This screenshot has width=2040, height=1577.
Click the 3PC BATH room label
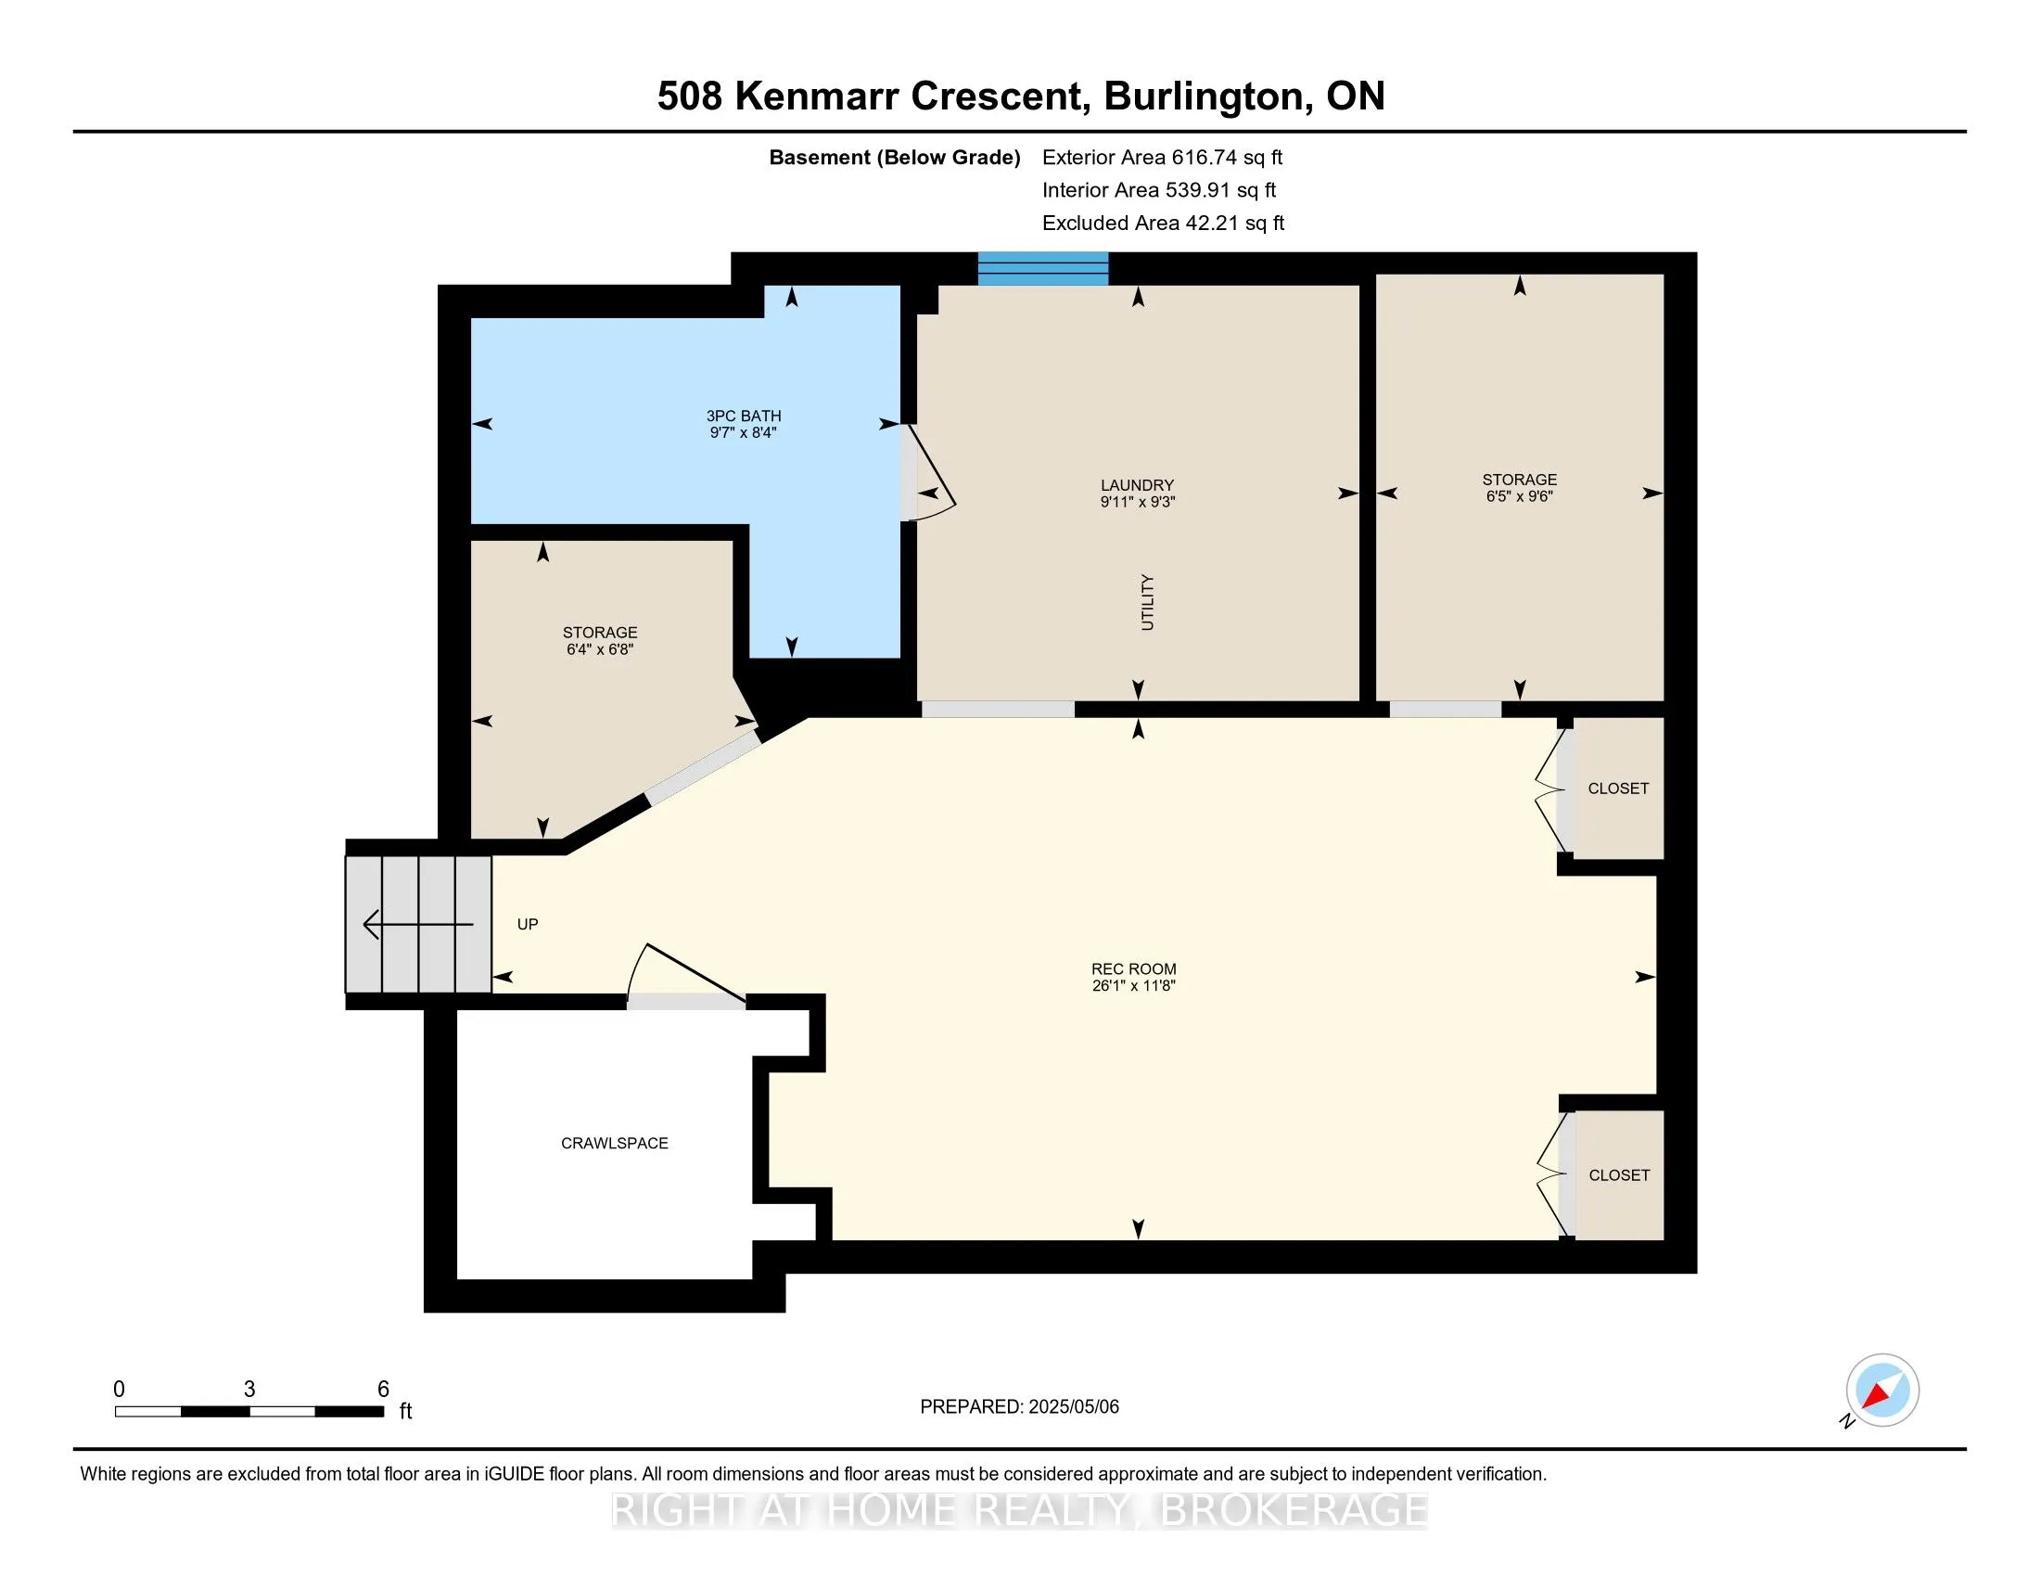coord(744,416)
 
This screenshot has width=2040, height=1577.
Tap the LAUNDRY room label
coord(1137,485)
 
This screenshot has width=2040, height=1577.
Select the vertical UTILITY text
coord(1147,603)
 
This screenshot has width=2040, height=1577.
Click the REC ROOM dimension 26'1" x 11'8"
coord(1133,985)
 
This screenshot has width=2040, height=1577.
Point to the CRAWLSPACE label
coord(615,1144)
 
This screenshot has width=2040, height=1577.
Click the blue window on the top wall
coord(1042,268)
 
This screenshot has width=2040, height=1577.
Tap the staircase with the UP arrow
coord(418,924)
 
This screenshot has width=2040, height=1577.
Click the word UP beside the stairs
coord(528,924)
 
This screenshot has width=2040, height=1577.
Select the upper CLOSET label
coord(1618,788)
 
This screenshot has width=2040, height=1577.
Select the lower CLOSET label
coord(1619,1175)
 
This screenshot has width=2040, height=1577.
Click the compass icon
coord(1882,1390)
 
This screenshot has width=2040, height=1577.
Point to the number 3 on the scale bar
coord(249,1390)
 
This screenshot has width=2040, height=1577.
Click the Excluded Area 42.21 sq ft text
coord(1163,224)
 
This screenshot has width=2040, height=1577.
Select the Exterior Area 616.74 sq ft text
coord(1162,158)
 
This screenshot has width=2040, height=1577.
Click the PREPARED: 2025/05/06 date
coord(1019,1407)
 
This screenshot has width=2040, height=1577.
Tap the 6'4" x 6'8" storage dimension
coord(600,649)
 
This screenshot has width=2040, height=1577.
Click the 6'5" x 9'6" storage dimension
coord(1519,496)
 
